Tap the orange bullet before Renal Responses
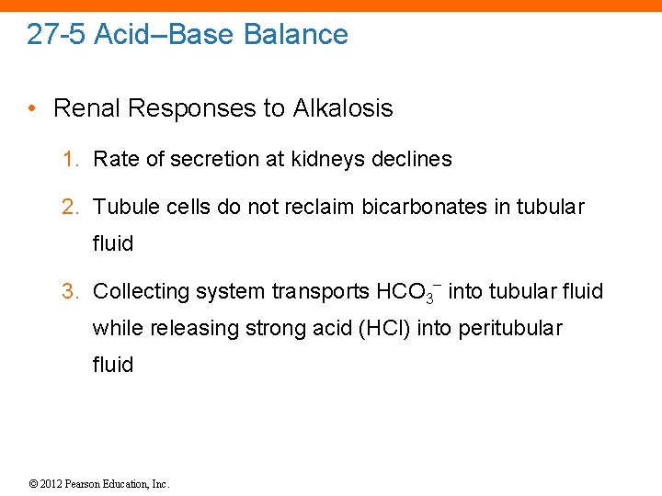click(x=32, y=108)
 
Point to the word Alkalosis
click(x=342, y=108)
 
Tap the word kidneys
click(x=328, y=159)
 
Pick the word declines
click(x=412, y=159)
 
